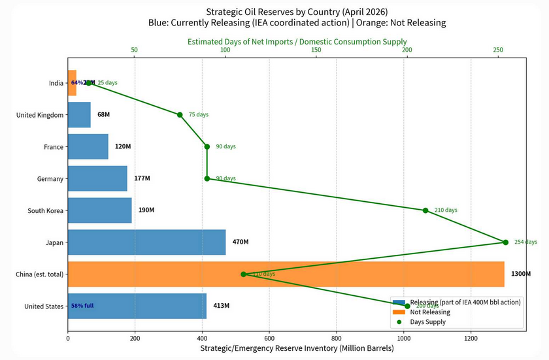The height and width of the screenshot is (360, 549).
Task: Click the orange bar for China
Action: [x=286, y=274]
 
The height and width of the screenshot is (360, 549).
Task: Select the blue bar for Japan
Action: [x=146, y=242]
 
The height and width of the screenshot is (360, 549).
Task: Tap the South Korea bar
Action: [x=99, y=210]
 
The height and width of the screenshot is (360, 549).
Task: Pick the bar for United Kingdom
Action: [x=79, y=115]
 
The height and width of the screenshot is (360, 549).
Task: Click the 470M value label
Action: [x=241, y=242]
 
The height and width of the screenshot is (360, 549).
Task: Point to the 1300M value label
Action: [x=521, y=274]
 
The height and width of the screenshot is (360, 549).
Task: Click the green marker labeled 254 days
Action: [x=506, y=242]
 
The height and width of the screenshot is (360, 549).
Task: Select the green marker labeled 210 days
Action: [x=425, y=210]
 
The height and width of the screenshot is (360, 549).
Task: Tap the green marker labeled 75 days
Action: [x=180, y=115]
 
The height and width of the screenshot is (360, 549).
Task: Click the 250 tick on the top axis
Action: [x=498, y=50]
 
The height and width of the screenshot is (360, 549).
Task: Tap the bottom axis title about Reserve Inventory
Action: [x=296, y=349]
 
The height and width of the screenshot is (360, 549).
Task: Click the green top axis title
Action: [x=297, y=41]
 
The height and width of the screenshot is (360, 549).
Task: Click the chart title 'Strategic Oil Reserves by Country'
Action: [x=297, y=12]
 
